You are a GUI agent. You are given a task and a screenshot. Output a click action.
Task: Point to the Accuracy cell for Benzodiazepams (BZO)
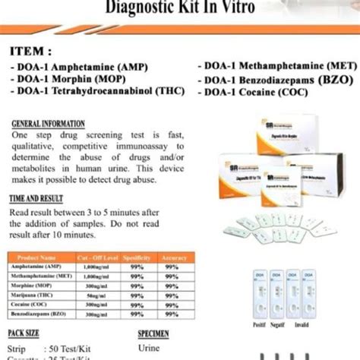(x=172, y=312)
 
